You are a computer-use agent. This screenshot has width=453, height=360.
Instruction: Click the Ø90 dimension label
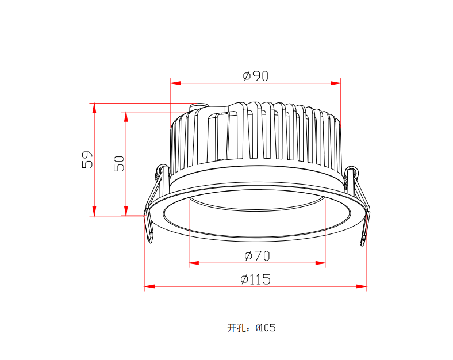pyautogui.click(x=256, y=76)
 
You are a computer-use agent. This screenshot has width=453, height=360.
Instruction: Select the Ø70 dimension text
pyautogui.click(x=257, y=256)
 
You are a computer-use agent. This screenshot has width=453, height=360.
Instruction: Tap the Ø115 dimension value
pyautogui.click(x=256, y=279)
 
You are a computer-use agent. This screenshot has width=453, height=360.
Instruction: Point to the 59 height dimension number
pyautogui.click(x=87, y=159)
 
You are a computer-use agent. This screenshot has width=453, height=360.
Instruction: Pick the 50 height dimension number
pyautogui.click(x=119, y=163)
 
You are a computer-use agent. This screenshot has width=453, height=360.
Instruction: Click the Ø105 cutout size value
pyautogui.click(x=266, y=328)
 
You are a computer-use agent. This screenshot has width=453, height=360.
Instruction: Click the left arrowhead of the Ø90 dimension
pyautogui.click(x=175, y=83)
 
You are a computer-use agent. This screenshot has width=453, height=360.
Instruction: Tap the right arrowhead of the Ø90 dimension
pyautogui.click(x=336, y=83)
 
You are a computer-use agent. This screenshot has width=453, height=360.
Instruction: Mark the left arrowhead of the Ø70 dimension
pyautogui.click(x=194, y=263)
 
